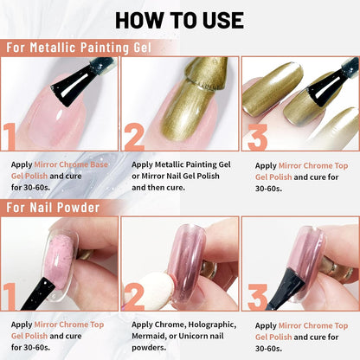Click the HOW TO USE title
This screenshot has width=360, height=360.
[x=179, y=19]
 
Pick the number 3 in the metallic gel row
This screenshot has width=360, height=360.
[x=259, y=135]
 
